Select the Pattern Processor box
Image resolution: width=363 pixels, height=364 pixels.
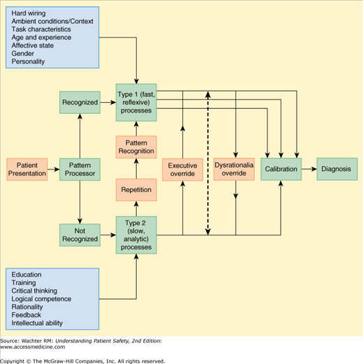coord(80,168)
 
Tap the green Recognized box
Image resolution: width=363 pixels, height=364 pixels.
coord(80,102)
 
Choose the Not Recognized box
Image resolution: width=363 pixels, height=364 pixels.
coord(80,234)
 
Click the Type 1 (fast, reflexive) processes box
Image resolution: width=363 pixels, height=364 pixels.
coord(137,102)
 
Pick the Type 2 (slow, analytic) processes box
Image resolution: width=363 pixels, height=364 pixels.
coord(137,234)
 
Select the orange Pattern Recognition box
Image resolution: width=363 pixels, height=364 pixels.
coord(137,147)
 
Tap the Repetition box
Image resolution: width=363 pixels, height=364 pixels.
coord(137,189)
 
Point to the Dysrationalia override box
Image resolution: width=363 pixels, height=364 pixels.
coord(235,169)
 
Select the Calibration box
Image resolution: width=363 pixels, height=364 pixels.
coord(282,169)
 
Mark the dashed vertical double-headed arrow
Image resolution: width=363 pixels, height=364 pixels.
coord(207,168)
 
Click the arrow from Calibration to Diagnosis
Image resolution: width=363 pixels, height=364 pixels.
coord(309,169)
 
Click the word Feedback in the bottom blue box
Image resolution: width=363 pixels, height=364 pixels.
coord(27,314)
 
